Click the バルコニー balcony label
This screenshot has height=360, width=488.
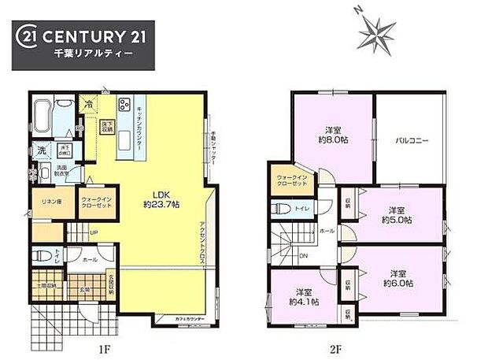(412, 141)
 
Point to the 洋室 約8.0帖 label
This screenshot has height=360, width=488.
(333, 134)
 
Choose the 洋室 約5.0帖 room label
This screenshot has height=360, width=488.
(395, 214)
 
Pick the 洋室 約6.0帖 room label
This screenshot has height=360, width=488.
(395, 277)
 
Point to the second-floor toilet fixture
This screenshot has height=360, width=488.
(282, 210)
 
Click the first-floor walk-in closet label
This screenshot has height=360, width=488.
(95, 202)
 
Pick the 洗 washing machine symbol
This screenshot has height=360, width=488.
(39, 150)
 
